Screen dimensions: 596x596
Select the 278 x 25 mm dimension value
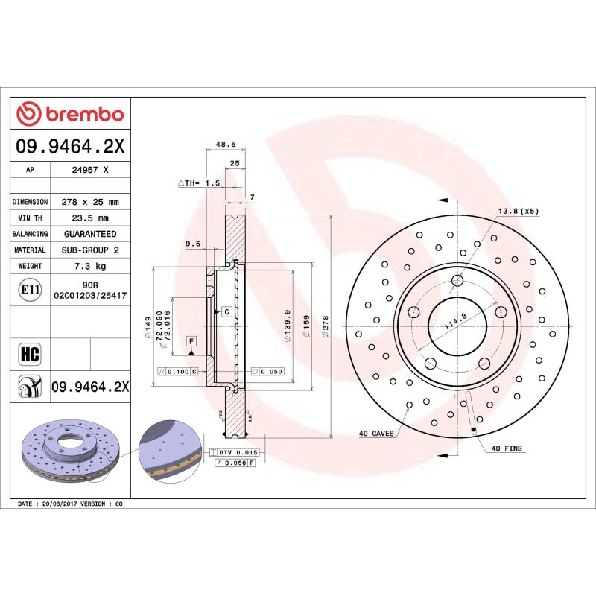[90, 202]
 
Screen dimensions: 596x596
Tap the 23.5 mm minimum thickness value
[90, 218]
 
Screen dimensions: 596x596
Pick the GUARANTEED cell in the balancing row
[90, 234]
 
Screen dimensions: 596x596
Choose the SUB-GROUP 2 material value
[90, 250]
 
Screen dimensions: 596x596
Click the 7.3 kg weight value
[90, 266]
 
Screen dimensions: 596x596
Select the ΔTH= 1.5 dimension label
[199, 183]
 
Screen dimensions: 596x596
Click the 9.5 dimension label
[194, 243]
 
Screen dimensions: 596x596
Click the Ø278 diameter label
[325, 326]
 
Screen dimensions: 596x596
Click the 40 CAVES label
[376, 433]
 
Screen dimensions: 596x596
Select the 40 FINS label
[507, 449]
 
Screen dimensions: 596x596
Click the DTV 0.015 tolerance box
[238, 452]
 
